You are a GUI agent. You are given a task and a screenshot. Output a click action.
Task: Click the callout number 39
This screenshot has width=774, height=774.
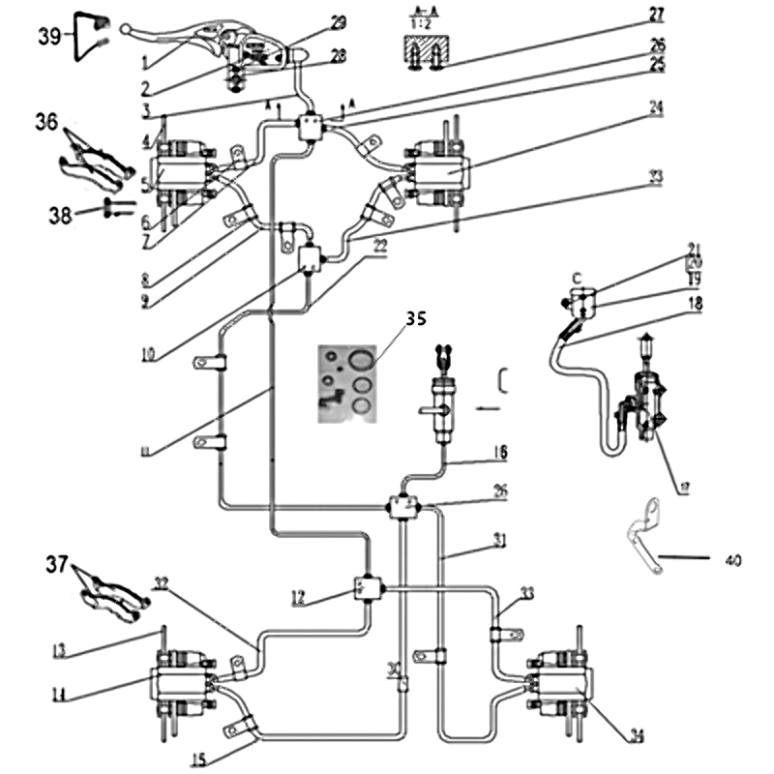pyautogui.click(x=48, y=36)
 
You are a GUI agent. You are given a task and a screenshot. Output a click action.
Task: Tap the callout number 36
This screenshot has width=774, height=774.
pyautogui.click(x=47, y=123)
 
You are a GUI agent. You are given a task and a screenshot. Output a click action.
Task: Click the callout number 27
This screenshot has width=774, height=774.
pyautogui.click(x=656, y=14)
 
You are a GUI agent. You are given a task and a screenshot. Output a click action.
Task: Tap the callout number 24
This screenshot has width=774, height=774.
pyautogui.click(x=656, y=110)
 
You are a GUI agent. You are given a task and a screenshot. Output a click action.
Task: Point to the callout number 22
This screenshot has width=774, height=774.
pyautogui.click(x=380, y=247)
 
